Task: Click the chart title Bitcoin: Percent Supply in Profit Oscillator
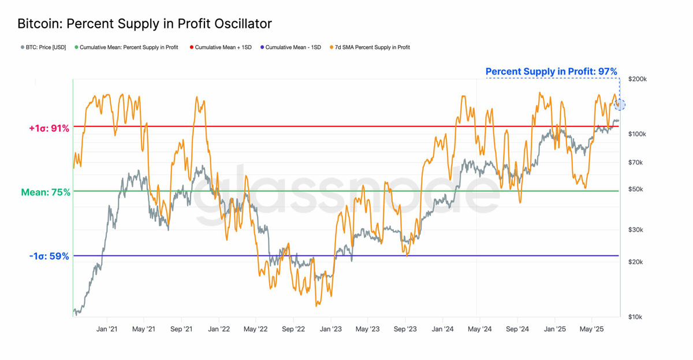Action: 144,24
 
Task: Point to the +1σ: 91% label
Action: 49,128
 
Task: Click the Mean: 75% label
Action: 46,192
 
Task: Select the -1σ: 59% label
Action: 49,256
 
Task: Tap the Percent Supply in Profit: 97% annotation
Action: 551,72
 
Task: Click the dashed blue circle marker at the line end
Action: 620,105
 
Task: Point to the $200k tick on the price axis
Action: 637,79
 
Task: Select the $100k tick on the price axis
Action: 637,134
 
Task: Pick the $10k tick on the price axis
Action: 636,317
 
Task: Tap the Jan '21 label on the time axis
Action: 107,329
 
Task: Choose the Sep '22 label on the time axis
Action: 293,329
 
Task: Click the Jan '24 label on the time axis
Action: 442,329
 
